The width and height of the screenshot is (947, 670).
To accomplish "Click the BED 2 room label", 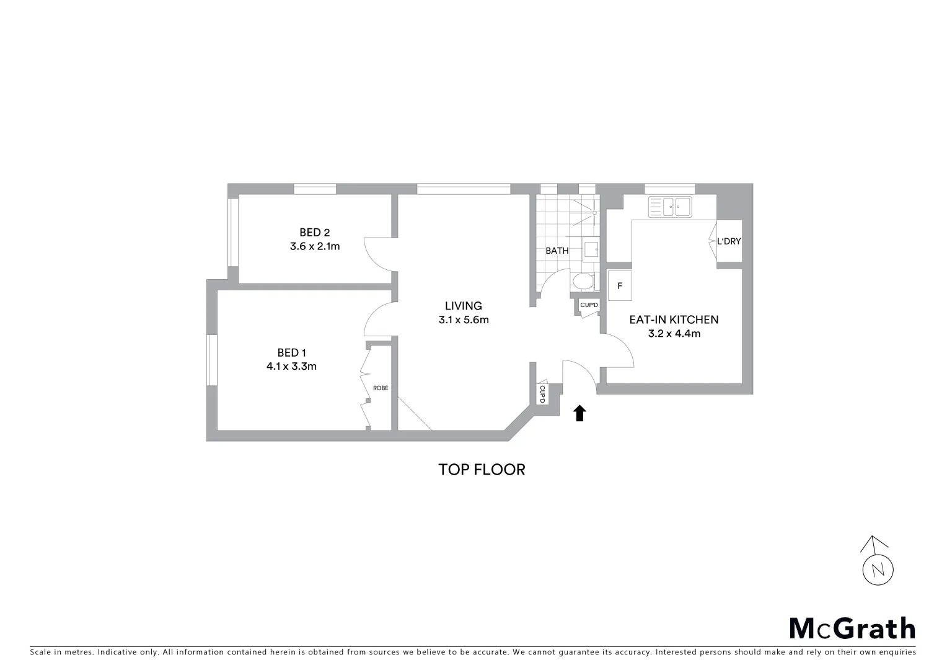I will point(314,233).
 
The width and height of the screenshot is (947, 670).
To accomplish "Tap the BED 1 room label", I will point(291,353).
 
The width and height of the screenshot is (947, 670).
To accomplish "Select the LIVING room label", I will point(463,306).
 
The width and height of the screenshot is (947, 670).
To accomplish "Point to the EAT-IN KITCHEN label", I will point(674,319).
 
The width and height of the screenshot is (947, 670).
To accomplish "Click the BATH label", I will point(557,251).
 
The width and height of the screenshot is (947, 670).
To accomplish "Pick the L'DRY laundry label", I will point(729,241).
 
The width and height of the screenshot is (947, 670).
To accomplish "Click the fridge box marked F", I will point(620,286).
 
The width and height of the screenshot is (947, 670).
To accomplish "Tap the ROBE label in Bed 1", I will point(381,388).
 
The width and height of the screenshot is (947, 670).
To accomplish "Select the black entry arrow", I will point(579,413).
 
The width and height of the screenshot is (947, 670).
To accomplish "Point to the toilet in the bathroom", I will point(584,282).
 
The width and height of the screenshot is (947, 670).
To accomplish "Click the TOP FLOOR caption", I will point(482,470).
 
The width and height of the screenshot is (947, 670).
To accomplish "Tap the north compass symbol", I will point(878,561).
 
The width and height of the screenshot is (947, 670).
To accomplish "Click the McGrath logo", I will point(852,628).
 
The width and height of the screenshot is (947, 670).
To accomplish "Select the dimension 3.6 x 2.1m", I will point(314,246).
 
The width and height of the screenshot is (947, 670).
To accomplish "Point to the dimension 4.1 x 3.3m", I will point(291,367).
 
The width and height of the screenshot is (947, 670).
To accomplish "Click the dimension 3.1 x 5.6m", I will point(463,320).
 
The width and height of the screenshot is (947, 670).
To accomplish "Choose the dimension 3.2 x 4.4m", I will point(674,334).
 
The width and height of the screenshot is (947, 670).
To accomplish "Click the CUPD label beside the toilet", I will point(589,305).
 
